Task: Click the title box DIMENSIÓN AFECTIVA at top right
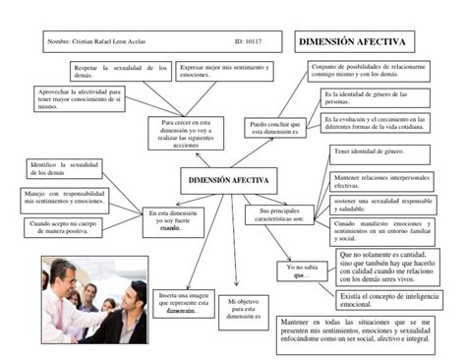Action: [356, 42]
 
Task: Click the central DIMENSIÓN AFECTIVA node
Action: [226, 180]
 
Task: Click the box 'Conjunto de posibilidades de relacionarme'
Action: [364, 71]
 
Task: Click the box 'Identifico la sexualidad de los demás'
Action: [61, 168]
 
